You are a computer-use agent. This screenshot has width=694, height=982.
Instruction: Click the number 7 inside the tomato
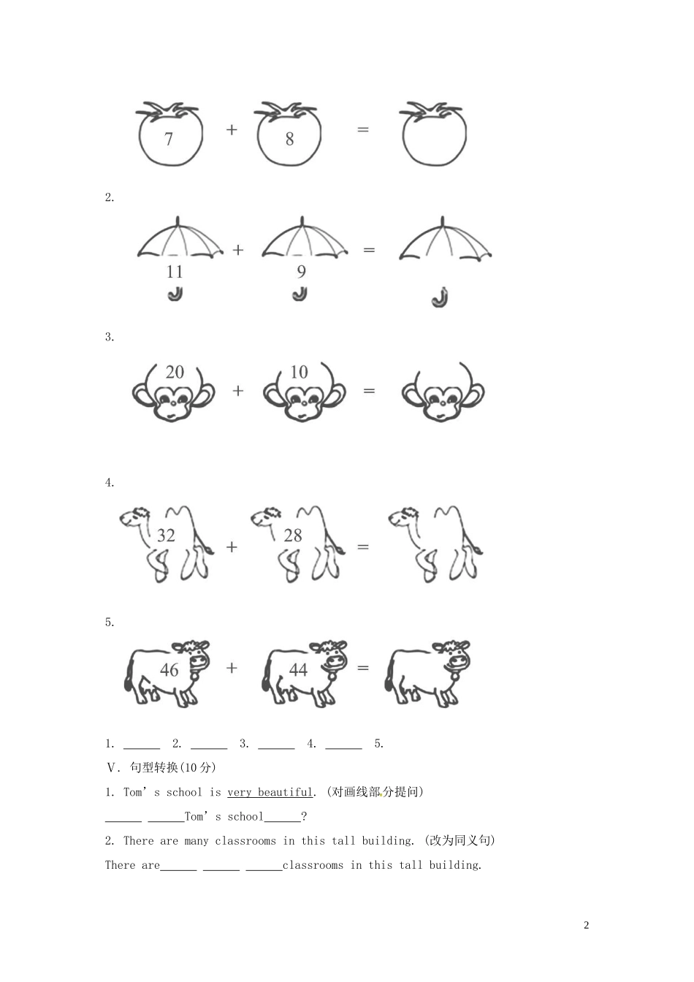pos(169,139)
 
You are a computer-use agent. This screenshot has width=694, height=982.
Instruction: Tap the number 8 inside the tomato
pos(289,139)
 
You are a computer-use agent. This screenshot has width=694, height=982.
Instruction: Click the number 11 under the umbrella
pos(175,272)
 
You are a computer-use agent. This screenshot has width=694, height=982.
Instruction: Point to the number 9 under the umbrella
pos(301,272)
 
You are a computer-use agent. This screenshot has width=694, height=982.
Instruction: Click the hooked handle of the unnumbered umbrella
pos(439,299)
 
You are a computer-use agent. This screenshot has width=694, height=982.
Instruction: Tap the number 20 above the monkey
pos(175,372)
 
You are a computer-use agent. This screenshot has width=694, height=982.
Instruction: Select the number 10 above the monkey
pos(299,372)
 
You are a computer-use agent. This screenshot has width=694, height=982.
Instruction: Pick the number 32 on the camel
pos(167,536)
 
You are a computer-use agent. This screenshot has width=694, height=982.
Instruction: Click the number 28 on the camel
pos(293,536)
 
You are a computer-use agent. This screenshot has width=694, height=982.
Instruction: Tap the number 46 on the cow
pos(169,670)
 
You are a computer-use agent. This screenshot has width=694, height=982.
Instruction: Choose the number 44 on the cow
pos(298,670)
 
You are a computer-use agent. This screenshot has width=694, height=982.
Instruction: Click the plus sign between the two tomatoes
pos(232,130)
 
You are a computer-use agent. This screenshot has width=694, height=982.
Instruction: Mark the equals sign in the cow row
pos(363,668)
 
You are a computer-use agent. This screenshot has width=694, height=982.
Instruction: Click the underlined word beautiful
pos(285,792)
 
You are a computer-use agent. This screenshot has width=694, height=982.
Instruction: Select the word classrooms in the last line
pos(313,865)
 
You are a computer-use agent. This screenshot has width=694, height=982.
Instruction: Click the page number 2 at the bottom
pos(587,925)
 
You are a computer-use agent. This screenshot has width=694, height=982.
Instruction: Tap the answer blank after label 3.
pos(276,745)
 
